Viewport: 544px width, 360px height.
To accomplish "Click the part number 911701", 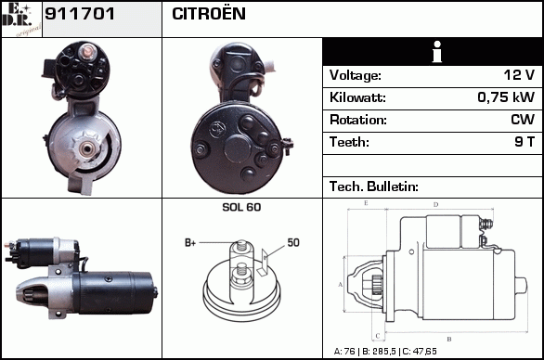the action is tap(80, 14).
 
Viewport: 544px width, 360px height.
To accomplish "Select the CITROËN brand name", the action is tap(209, 14).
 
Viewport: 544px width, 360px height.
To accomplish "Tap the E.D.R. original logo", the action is tap(21, 19).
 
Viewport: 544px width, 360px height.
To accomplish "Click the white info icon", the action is tap(437, 52).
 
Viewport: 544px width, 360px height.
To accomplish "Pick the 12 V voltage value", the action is tap(519, 74).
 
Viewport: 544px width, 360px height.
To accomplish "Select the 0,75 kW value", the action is tap(506, 97).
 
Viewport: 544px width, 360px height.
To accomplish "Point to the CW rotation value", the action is tap(523, 120).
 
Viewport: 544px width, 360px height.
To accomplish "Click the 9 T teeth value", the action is tap(525, 142).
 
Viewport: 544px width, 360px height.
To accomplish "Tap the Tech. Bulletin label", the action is tap(374, 186).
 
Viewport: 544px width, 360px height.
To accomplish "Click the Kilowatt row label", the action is tap(357, 97).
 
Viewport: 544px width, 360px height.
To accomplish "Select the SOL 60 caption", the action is tap(241, 207).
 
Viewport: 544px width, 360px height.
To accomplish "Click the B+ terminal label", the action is tap(190, 243).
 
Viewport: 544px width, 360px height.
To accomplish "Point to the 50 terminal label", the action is tap(293, 242).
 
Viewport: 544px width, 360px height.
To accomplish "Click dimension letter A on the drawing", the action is tap(340, 285).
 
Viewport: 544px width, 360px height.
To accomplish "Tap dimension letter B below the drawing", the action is tap(449, 340).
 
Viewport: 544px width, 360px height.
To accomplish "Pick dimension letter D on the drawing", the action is tap(436, 205).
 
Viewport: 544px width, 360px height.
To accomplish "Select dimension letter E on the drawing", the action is tap(366, 203).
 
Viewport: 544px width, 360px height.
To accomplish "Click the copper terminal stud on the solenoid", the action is tap(86, 52).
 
